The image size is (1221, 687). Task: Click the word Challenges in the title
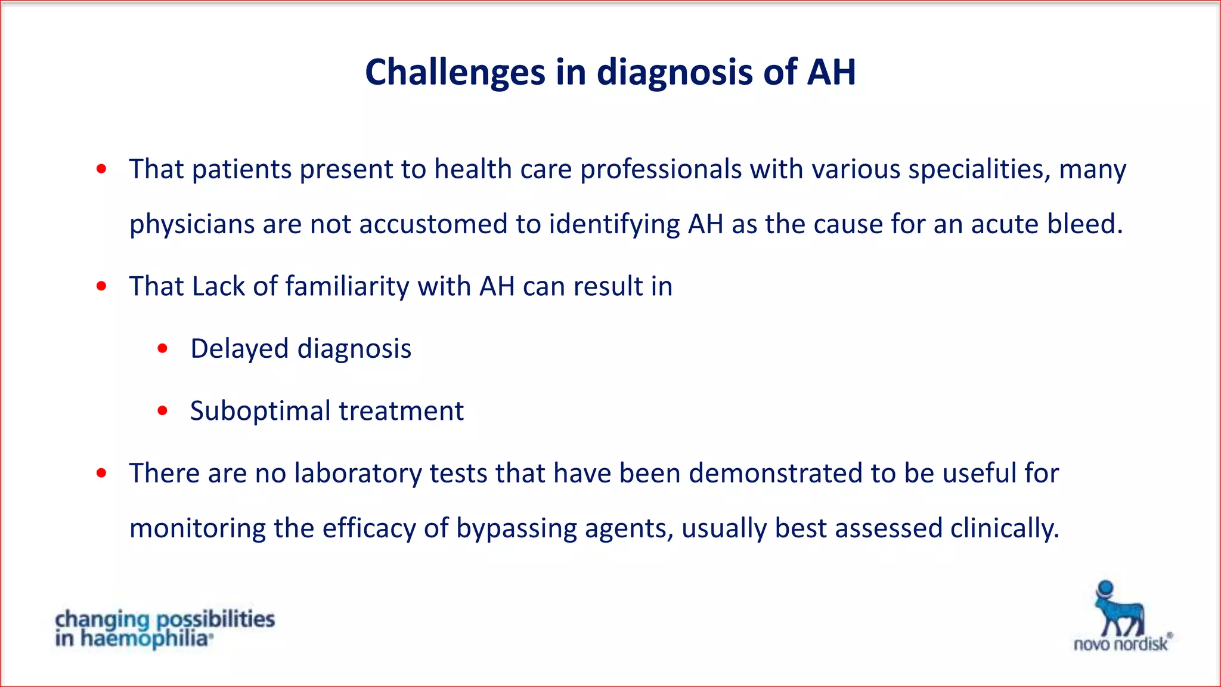455,73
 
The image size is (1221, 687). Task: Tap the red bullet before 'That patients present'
101,169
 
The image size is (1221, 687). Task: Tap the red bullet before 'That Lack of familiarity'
101,286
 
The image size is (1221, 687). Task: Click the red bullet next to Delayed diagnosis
163,349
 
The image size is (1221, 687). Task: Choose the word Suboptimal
260,411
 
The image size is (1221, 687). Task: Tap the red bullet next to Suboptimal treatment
163,411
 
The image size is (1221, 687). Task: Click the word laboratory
358,474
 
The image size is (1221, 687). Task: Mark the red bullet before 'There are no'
101,474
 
